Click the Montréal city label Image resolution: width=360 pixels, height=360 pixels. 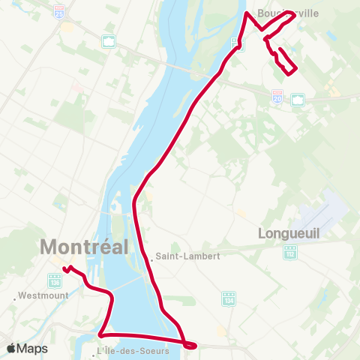pyautogui.click(x=84, y=246)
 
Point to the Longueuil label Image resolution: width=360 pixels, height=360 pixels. pyautogui.click(x=289, y=233)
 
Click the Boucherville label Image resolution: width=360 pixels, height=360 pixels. pyautogui.click(x=287, y=13)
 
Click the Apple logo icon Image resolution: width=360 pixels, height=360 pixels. pyautogui.click(x=11, y=348)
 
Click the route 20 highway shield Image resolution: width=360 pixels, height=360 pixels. pyautogui.click(x=277, y=98)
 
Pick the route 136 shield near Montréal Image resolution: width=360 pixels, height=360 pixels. pyautogui.click(x=55, y=280)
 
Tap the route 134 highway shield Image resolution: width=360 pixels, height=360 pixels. pyautogui.click(x=229, y=298)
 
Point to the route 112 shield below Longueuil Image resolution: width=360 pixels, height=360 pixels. pyautogui.click(x=289, y=253)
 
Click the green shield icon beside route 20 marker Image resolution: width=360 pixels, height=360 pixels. pyautogui.click(x=297, y=99)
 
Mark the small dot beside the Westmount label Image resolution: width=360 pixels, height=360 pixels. pyautogui.click(x=15, y=298)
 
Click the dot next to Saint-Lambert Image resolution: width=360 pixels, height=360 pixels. pyautogui.click(x=152, y=260)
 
